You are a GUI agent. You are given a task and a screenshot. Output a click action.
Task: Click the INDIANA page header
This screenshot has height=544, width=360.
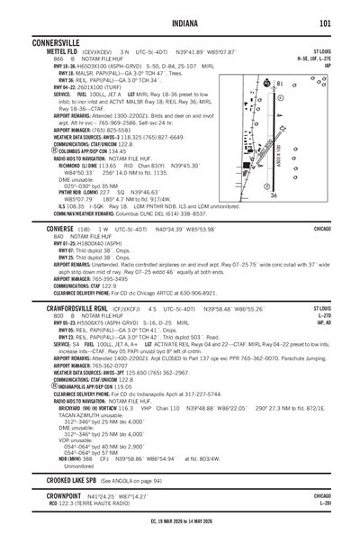coord(179,23)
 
